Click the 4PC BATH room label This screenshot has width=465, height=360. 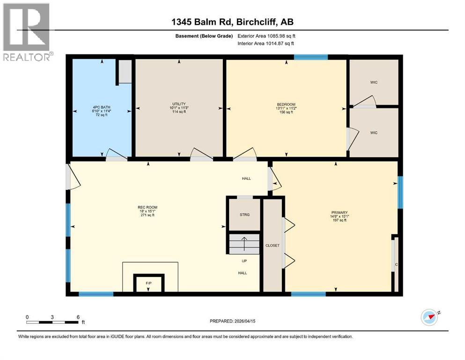click(x=102, y=107)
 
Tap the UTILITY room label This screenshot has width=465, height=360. click(x=179, y=104)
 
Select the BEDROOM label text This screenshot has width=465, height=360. click(x=286, y=105)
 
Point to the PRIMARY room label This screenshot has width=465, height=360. click(x=340, y=212)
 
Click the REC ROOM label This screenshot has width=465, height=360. click(x=148, y=208)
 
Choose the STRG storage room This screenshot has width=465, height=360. click(x=244, y=214)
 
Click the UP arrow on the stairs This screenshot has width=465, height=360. click(x=244, y=244)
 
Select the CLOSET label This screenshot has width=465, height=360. click(x=272, y=246)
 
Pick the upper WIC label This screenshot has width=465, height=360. click(x=374, y=82)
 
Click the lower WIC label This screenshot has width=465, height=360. click(x=374, y=133)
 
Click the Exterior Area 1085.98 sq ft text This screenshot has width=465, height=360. click(x=266, y=36)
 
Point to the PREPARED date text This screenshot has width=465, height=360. click(x=232, y=321)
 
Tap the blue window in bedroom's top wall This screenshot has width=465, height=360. click(x=311, y=57)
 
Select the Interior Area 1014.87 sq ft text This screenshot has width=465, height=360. click(x=266, y=43)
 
